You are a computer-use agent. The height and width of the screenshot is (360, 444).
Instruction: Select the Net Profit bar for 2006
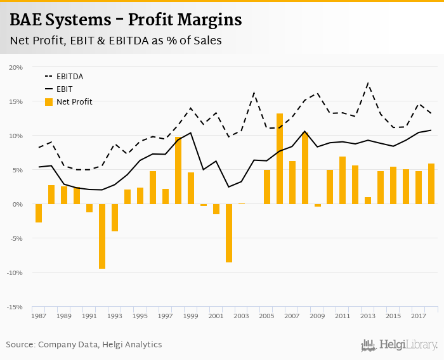coord(280,159)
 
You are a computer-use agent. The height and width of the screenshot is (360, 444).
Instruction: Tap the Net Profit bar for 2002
coord(229,233)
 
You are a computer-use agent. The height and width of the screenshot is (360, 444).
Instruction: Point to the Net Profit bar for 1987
coord(39,213)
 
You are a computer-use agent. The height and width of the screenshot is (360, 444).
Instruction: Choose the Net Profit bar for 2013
coord(368,200)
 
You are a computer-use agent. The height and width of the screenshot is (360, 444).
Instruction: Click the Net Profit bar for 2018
coord(431,184)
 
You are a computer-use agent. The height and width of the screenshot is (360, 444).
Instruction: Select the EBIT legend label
coord(65,89)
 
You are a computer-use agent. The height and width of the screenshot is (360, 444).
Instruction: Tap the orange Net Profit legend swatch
coord(49,101)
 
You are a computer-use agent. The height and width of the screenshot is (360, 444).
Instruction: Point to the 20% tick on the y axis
coord(16,67)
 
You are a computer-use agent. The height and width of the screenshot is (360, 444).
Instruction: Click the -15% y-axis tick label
coord(15,307)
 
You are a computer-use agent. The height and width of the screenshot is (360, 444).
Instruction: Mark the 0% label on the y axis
coord(18,204)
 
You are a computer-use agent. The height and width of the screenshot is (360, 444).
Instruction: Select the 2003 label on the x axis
coord(241,316)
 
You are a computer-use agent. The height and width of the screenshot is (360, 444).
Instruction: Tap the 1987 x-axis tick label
coord(39,316)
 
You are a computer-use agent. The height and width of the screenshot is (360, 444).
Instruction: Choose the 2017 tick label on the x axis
coord(418,316)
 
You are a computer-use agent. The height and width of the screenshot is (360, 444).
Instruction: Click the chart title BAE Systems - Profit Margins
coord(126,20)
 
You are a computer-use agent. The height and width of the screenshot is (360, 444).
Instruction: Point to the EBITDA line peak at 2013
coord(368,82)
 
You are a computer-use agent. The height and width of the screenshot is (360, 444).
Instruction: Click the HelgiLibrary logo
coord(399,345)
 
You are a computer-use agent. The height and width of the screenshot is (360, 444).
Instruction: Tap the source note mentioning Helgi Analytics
coord(84,345)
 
